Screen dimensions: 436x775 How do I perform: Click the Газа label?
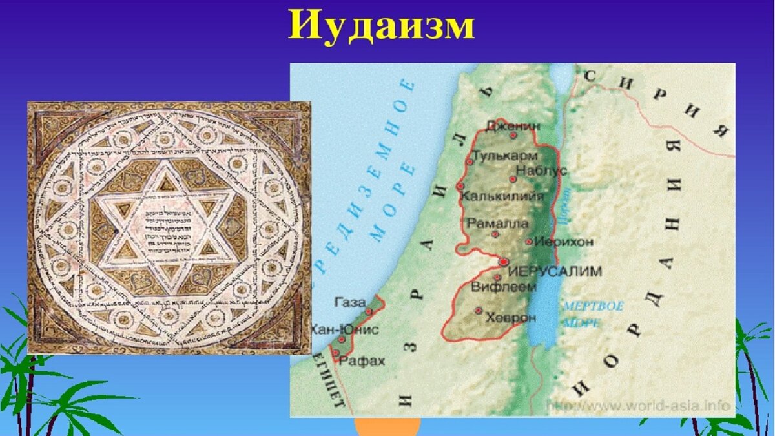(x=350, y=302)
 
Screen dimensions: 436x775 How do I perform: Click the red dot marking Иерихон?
(x=529, y=242)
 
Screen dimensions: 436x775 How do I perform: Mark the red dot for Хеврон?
(x=479, y=311)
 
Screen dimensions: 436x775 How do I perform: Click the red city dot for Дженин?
(x=513, y=136)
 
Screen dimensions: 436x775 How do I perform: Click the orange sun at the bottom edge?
(x=387, y=427)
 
